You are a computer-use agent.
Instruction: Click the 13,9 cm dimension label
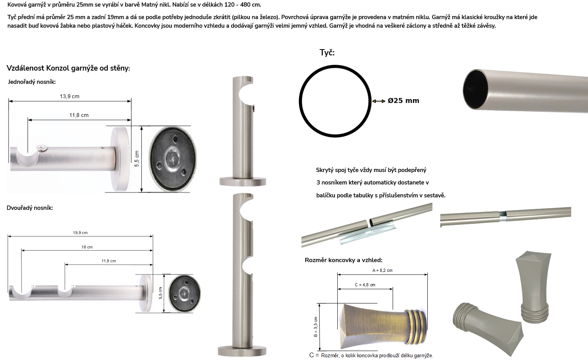tap(69, 96)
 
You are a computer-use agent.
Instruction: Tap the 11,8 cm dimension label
tap(79, 115)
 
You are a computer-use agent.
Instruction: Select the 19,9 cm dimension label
tap(80, 232)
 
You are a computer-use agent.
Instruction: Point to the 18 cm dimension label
tap(87, 247)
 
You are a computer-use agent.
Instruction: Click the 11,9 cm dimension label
tap(109, 261)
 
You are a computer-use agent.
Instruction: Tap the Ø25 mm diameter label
tap(403, 101)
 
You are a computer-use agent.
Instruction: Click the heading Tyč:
tap(327, 53)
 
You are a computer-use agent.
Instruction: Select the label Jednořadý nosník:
tap(32, 82)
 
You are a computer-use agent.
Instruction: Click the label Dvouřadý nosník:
tap(30, 208)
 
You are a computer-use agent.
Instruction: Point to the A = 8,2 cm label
tap(382, 270)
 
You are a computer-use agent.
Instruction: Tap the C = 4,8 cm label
tap(365, 285)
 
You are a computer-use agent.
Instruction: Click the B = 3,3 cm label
tap(315, 326)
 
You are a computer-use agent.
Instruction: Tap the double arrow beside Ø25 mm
tap(379, 101)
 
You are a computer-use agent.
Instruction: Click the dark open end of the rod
tap(475, 89)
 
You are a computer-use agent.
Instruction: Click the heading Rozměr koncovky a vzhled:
tap(344, 260)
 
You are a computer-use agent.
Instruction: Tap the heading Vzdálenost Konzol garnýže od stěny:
tap(68, 68)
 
